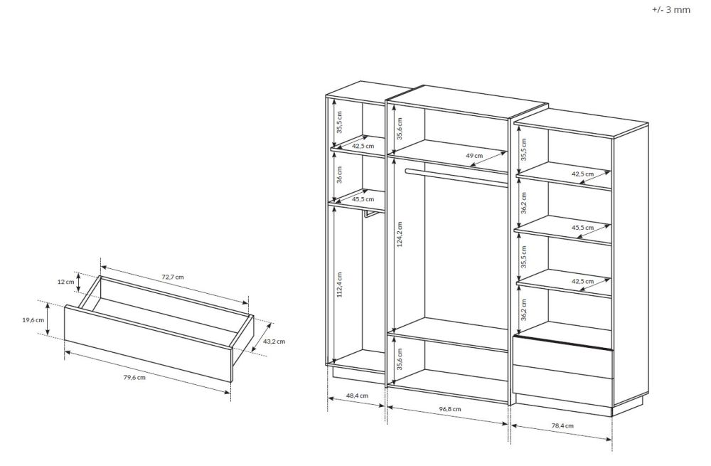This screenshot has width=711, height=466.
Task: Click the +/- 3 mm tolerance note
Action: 671,9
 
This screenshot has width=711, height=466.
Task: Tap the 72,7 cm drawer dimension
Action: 173,277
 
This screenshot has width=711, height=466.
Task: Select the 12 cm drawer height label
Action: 65,282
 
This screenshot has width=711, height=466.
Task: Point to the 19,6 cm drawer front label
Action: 33,320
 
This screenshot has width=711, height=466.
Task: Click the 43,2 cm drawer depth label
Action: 274,341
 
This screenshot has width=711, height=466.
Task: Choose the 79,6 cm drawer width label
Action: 134,378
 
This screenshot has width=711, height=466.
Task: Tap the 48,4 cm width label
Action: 358,396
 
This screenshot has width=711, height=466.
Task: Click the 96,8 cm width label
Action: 450,409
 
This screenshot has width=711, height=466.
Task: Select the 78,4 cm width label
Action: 562,426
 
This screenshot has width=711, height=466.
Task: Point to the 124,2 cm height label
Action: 400,235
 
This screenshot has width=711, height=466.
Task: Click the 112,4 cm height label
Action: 340,285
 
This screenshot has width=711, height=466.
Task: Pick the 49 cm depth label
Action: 474,156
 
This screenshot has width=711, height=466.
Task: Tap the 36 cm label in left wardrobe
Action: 340,175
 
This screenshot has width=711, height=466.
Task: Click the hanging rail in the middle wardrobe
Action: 456,177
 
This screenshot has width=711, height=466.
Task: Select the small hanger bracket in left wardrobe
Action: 368,214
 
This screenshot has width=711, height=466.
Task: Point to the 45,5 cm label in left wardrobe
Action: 363,199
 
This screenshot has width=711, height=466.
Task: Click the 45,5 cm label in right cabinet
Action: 583,228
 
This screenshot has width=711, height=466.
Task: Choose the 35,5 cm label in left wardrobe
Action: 340,122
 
